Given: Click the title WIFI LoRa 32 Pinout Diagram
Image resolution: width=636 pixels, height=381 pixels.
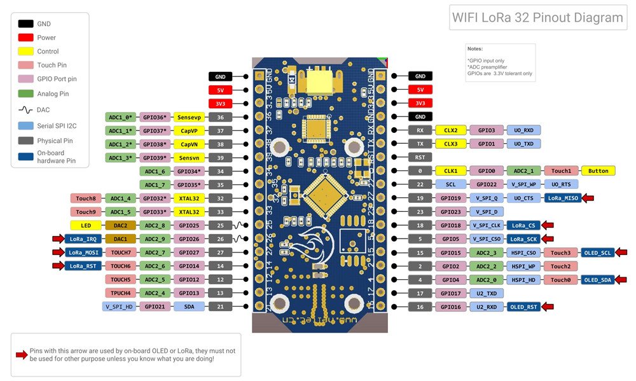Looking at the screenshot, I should tap(537, 18).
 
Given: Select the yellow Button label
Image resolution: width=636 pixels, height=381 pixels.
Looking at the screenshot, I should tap(598, 170).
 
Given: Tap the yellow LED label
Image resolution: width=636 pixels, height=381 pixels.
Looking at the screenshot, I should tap(85, 225).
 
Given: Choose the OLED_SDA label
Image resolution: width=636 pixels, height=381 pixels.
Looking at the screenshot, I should tap(597, 280).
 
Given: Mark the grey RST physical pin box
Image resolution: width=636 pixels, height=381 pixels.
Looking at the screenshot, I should tap(420, 157).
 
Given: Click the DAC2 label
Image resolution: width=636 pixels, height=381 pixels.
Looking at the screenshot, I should tap(120, 225).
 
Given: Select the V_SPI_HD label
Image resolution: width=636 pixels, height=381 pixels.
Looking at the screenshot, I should tap(120, 307).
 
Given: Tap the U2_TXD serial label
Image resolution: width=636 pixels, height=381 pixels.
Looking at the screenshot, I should tap(487, 294).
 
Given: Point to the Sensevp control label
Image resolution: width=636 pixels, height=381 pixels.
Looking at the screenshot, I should tap(190, 117).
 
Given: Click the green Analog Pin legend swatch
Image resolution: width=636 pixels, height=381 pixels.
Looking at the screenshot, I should tap(26, 94).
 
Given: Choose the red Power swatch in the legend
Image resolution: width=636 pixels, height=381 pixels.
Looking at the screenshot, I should tap(26, 38).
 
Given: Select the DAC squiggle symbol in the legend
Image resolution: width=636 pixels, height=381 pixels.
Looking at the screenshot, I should tap(26, 110).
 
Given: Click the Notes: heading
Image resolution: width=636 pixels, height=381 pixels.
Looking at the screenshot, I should tap(474, 49).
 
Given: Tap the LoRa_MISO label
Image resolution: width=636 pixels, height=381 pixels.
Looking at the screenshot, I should tap(563, 198).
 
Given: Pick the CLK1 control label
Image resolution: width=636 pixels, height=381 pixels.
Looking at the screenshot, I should tap(451, 170).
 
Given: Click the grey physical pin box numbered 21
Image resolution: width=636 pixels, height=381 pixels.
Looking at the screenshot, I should tap(220, 307).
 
